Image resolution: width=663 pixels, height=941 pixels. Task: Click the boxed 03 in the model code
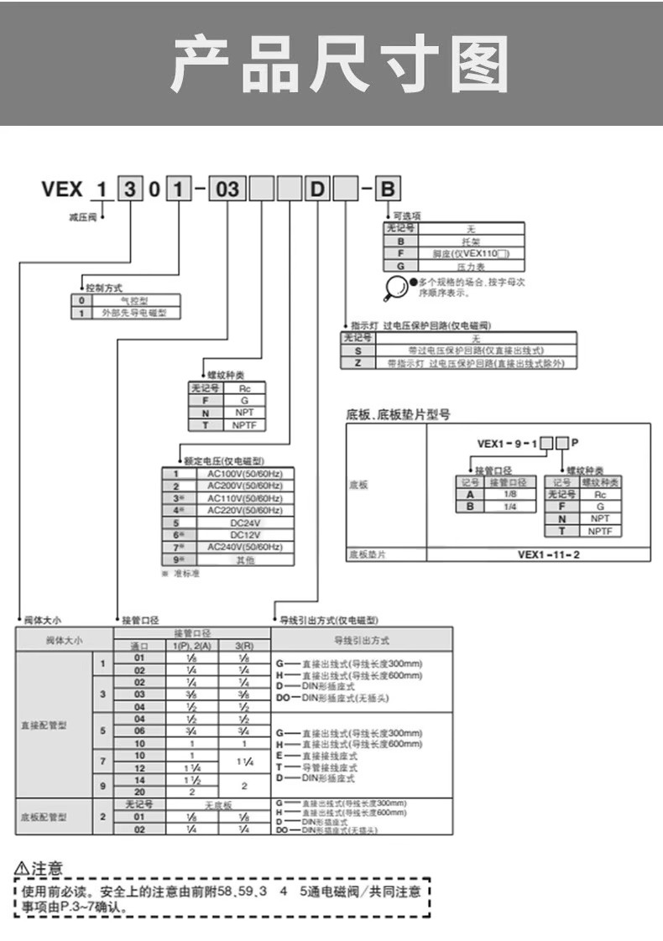(x=227, y=189)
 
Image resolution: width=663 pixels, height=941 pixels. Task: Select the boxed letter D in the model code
(x=316, y=189)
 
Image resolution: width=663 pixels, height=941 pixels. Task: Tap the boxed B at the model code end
(x=387, y=189)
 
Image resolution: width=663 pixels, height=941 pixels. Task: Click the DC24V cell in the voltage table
(x=245, y=522)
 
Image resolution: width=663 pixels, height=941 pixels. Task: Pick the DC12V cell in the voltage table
(x=245, y=534)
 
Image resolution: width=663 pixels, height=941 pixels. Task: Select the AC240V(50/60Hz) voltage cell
(x=245, y=546)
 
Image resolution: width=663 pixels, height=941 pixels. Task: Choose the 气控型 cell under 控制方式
(x=134, y=299)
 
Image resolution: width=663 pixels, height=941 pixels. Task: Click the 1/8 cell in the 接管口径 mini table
(x=509, y=495)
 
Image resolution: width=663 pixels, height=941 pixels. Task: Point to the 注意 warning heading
(x=42, y=867)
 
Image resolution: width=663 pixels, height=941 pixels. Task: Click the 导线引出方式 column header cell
(x=361, y=639)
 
